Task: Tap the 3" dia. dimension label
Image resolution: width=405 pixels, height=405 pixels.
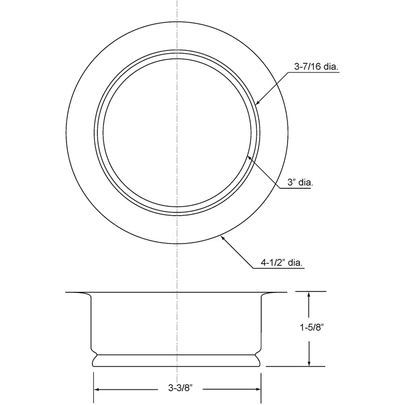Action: [300, 182]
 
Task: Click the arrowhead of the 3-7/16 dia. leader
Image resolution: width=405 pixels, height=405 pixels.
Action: [256, 104]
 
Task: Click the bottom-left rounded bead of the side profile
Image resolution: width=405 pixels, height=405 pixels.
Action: [94, 360]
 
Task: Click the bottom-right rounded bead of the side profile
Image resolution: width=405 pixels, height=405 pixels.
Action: [261, 360]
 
